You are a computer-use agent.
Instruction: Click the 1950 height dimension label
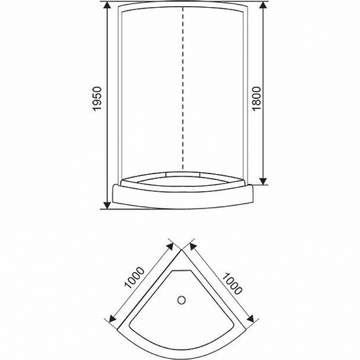tap(97, 99)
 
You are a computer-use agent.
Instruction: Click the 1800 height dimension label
tap(257, 99)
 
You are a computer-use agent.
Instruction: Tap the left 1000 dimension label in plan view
tap(135, 278)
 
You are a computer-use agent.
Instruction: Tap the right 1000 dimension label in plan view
tap(232, 283)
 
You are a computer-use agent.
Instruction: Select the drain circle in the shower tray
tap(181, 300)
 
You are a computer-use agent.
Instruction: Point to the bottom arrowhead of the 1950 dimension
tap(107, 205)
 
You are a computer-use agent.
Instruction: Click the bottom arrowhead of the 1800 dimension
tap(264, 181)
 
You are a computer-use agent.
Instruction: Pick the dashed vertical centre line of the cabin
tap(183, 88)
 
